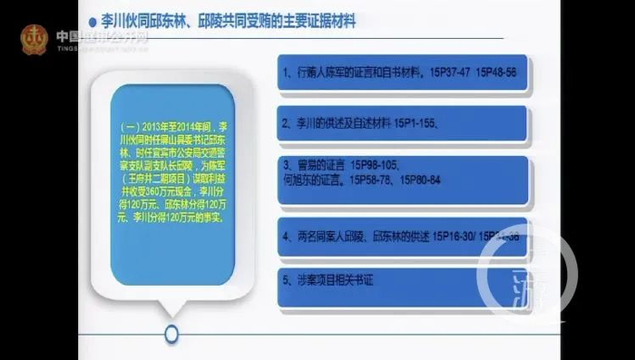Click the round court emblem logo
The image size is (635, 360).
pyautogui.click(x=35, y=38)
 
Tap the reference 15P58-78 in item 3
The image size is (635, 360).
pyautogui.click(x=385, y=181)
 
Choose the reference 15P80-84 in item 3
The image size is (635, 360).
pyautogui.click(x=441, y=181)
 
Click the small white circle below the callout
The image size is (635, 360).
pyautogui.click(x=171, y=334)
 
